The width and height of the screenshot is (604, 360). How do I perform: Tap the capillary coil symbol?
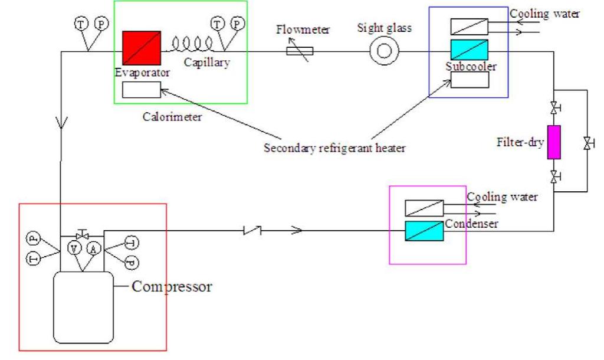[x=192, y=45]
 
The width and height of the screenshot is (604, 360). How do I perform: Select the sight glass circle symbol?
[x=384, y=51]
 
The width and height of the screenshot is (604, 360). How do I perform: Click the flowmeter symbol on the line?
[x=300, y=51]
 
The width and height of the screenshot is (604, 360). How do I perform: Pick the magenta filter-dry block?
[x=553, y=142]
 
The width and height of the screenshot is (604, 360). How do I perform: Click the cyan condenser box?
[x=425, y=231]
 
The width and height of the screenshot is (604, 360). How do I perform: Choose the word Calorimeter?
[x=172, y=117]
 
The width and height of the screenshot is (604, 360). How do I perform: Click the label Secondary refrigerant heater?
[x=334, y=148]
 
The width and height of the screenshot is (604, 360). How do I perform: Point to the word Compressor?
[x=172, y=287]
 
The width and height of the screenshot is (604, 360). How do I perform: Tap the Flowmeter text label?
[x=303, y=30]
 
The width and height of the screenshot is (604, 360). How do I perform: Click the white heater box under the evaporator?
[x=142, y=90]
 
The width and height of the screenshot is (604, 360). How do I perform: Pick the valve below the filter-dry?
[x=554, y=176]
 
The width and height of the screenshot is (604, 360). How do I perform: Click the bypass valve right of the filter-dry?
[x=587, y=143]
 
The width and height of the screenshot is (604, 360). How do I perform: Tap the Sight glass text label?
[x=384, y=28]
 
